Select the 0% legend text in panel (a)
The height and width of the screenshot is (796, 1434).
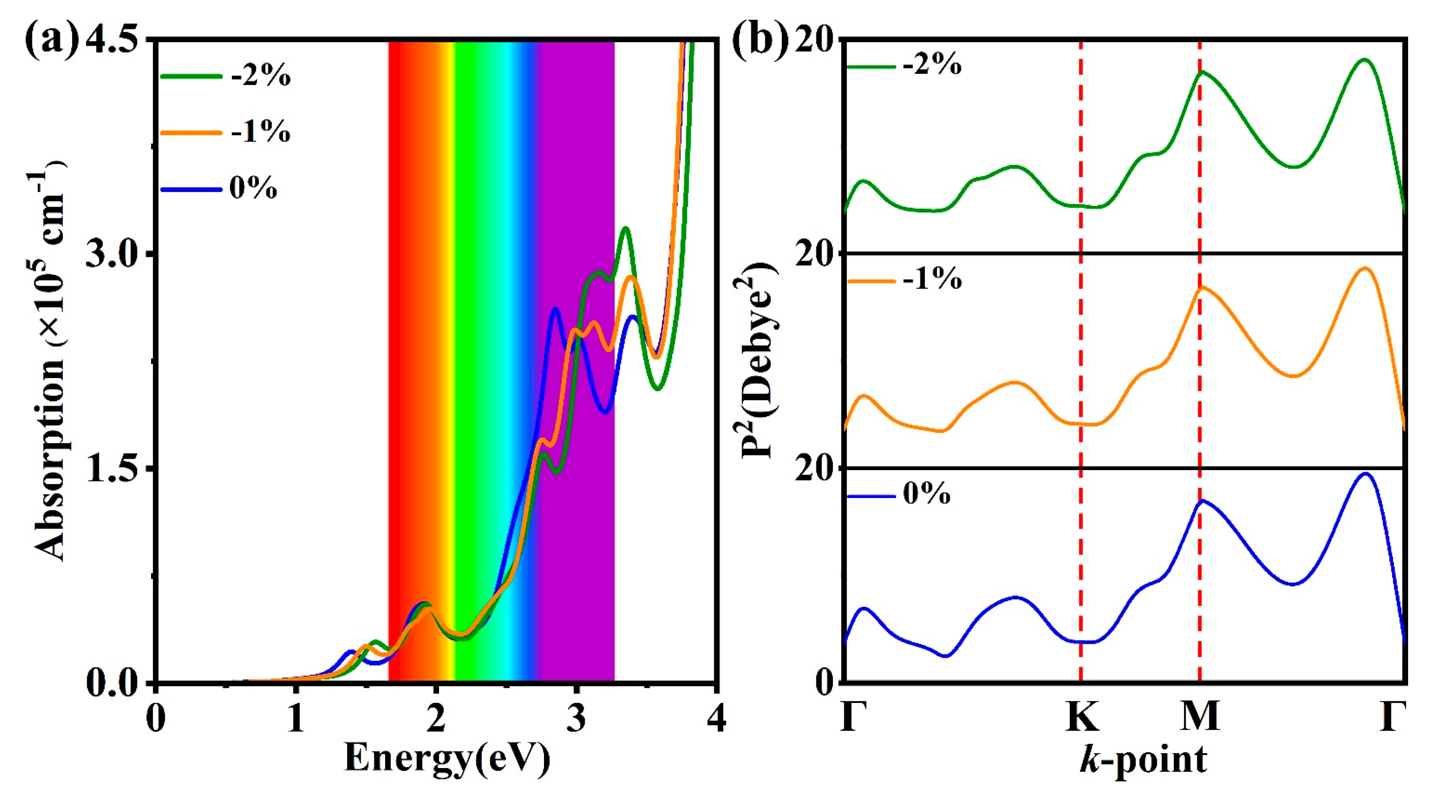tap(253, 189)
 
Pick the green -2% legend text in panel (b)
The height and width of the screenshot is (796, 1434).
tap(932, 66)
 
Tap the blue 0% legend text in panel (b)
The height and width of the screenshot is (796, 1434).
tap(926, 494)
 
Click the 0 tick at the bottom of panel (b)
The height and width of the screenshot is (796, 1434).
tap(824, 682)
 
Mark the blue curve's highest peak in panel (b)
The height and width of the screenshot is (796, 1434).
tap(1365, 474)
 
